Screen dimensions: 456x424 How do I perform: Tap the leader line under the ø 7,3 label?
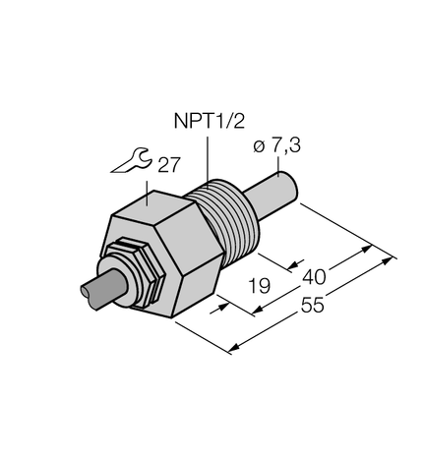click(x=282, y=165)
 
